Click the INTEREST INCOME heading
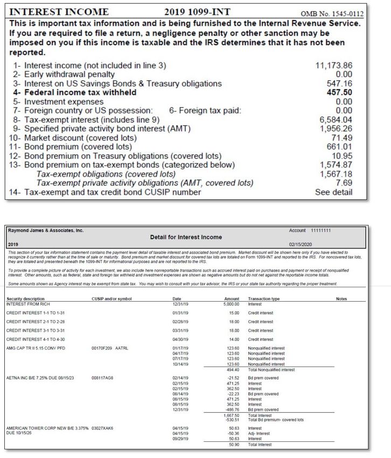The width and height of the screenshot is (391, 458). [x=59, y=12]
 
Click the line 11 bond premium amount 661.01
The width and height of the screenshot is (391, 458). [x=340, y=147]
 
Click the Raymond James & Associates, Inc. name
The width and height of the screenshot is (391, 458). [x=46, y=230]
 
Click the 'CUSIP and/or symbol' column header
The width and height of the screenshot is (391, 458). [x=111, y=298]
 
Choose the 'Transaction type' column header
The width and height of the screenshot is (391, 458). [x=263, y=298]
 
